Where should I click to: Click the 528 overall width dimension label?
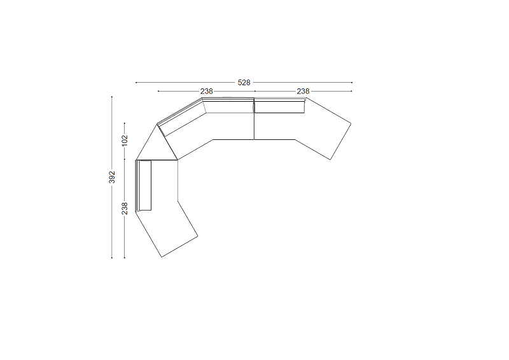(244, 83)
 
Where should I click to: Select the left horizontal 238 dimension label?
(206, 92)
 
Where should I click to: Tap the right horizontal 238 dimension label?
(303, 92)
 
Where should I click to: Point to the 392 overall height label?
(112, 177)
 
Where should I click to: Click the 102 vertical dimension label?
(125, 141)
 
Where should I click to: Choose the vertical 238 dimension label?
(125, 209)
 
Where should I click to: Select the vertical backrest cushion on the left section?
(145, 185)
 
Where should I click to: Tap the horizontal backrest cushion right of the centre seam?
(279, 107)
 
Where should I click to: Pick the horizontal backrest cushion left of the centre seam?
(228, 107)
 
